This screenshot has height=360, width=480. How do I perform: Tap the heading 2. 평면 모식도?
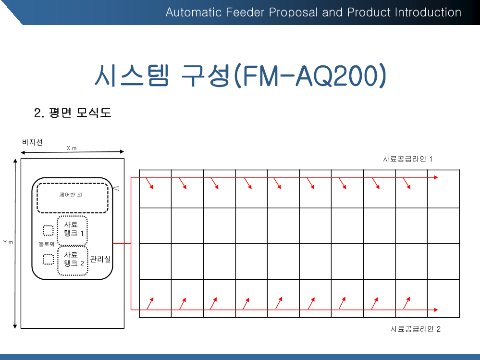click(x=73, y=113)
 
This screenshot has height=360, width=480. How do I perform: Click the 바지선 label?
click(x=32, y=142)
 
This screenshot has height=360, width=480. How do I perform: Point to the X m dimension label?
click(x=72, y=148)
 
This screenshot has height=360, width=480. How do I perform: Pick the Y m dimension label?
click(x=8, y=242)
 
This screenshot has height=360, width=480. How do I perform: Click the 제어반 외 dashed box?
click(x=73, y=198)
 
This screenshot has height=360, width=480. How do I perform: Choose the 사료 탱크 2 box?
click(x=73, y=260)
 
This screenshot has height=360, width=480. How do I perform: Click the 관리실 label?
click(x=100, y=260)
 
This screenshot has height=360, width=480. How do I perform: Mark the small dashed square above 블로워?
click(x=48, y=231)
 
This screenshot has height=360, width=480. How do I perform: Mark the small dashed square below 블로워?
click(x=48, y=260)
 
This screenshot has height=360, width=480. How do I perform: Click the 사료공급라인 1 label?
click(x=407, y=159)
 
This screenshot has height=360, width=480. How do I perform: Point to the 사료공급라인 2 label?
click(x=415, y=329)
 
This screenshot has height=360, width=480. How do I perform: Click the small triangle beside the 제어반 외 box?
click(x=116, y=189)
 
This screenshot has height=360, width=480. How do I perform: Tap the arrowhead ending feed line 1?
click(x=436, y=177)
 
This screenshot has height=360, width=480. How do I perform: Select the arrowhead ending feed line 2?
click(x=436, y=310)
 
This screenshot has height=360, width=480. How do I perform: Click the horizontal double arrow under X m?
click(x=72, y=153)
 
